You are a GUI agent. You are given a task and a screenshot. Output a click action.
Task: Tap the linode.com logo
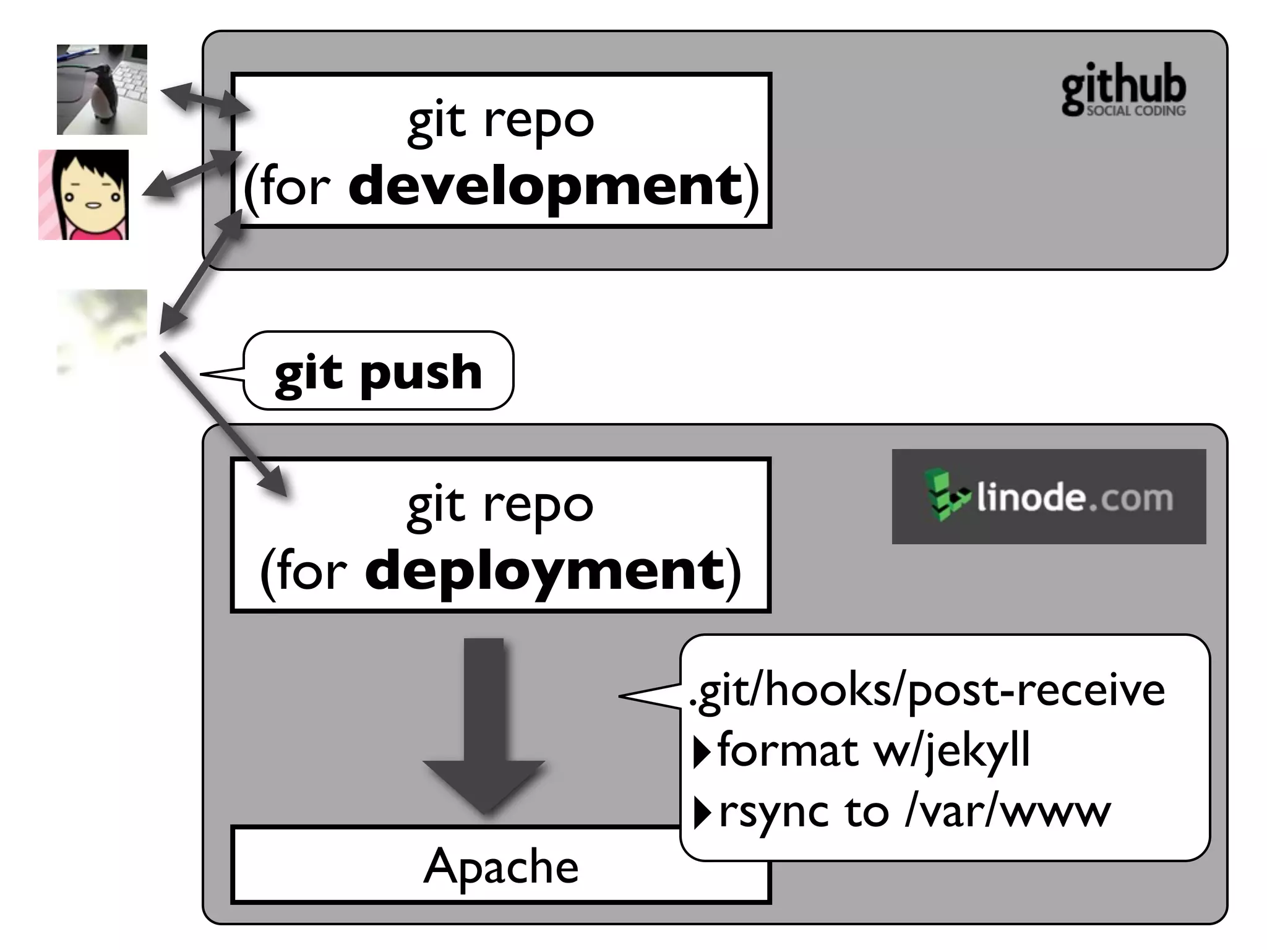[x=1049, y=497]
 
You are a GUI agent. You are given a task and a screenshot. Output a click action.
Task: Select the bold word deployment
[x=544, y=570]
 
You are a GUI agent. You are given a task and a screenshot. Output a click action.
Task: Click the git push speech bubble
[x=378, y=371]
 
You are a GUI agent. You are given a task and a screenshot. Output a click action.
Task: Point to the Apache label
[x=500, y=866]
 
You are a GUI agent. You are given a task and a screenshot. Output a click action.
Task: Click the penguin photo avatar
[x=102, y=90]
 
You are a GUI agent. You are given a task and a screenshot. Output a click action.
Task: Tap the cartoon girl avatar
[x=84, y=195]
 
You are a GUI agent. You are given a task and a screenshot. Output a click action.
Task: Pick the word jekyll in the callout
[x=977, y=750]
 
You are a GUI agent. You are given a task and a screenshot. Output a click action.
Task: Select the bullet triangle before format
[x=702, y=751]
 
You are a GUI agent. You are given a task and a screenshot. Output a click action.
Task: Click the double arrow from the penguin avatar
[x=204, y=100]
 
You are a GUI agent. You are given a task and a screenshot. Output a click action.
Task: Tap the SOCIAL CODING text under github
[x=1136, y=111]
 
